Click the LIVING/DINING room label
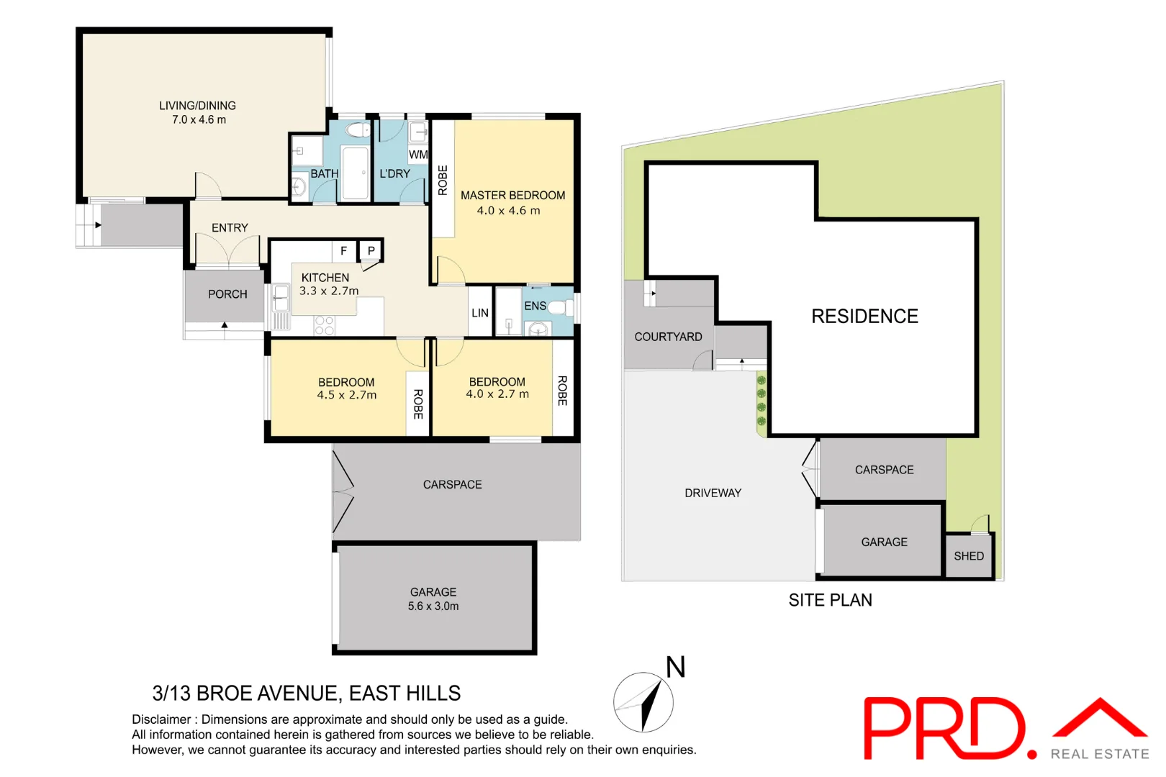click(197, 106)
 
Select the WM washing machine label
click(418, 155)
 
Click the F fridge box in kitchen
click(343, 250)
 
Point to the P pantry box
click(371, 250)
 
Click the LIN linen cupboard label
click(480, 313)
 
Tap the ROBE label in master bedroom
click(443, 180)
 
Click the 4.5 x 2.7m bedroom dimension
click(346, 395)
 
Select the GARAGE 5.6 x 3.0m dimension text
click(433, 606)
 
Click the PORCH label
click(227, 294)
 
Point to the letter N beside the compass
click(675, 668)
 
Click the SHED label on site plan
click(968, 556)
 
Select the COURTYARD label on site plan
click(668, 337)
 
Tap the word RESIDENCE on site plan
click(864, 317)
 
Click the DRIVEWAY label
click(713, 493)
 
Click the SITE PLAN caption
click(830, 600)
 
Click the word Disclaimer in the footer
click(161, 719)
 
